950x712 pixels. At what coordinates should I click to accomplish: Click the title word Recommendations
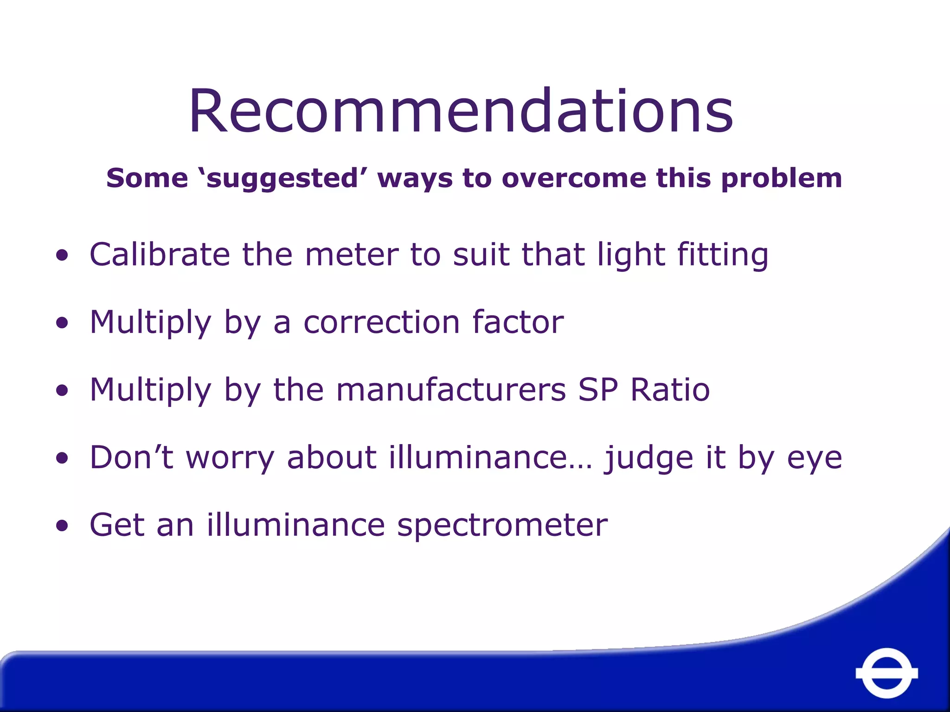click(461, 111)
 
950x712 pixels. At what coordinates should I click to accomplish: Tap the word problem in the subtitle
click(781, 178)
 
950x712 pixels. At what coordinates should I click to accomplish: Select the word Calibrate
click(160, 254)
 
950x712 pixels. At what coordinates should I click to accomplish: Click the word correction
click(382, 322)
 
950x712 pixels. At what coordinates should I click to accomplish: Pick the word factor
click(518, 322)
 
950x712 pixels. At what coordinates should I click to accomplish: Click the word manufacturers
click(451, 389)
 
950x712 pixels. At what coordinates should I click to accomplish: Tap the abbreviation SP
click(598, 389)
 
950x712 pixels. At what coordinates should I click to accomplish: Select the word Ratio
click(670, 389)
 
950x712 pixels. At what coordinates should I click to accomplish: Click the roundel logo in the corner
click(886, 673)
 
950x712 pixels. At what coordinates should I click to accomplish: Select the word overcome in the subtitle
click(574, 178)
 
